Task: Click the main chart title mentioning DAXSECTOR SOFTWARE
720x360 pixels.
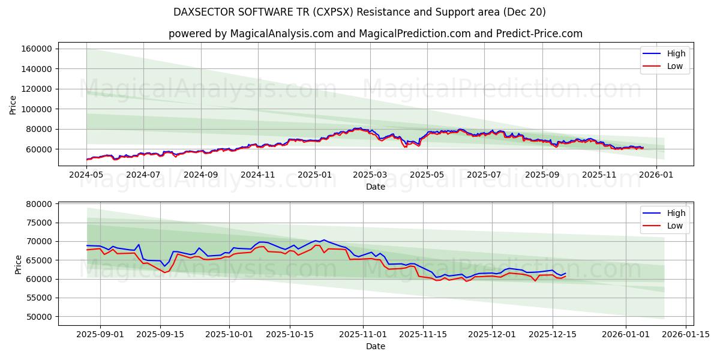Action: point(359,12)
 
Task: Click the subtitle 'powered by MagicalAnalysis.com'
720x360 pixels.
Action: point(375,34)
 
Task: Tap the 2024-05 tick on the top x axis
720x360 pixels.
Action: point(86,175)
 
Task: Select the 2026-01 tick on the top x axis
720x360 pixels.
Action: point(656,175)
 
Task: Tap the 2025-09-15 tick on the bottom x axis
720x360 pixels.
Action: point(160,334)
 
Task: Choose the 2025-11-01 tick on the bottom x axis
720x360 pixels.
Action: point(363,334)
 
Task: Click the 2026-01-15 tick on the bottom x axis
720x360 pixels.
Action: point(686,334)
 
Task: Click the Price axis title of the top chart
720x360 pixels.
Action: point(13,105)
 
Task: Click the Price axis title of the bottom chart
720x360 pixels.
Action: point(18,264)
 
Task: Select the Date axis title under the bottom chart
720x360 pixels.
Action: point(375,346)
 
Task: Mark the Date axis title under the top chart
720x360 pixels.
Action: point(375,187)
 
